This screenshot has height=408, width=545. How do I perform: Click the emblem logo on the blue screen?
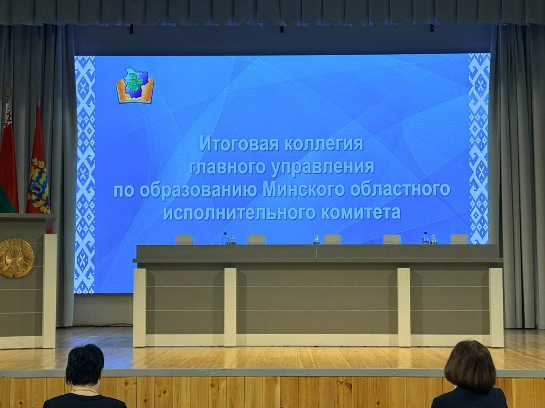[135, 86]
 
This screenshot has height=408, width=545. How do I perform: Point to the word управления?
[323, 167]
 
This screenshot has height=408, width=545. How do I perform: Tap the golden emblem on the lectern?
[16, 258]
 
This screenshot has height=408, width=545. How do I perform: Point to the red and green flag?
[7, 165]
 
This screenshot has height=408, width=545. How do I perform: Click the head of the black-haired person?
[85, 365]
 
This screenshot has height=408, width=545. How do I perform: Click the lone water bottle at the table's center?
[316, 240]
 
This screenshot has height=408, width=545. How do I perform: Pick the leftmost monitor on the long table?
[184, 240]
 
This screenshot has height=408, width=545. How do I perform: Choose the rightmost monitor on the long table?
[459, 239]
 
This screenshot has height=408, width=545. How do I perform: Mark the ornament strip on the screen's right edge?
[478, 149]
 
